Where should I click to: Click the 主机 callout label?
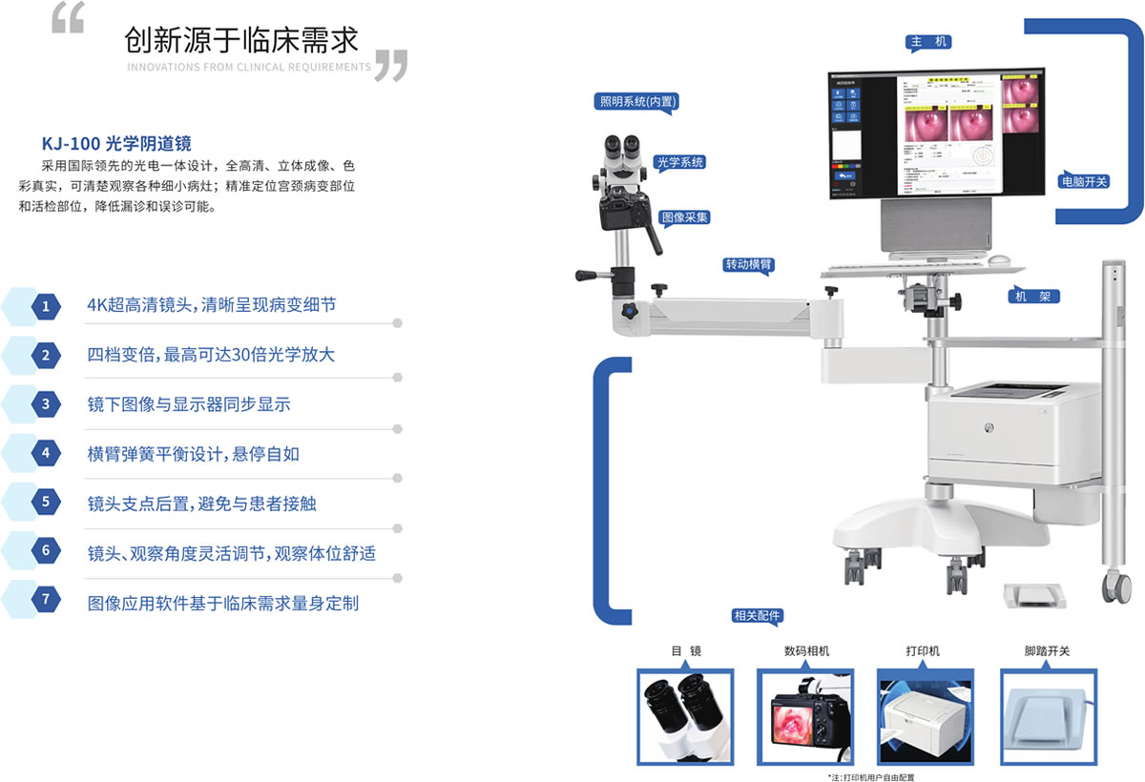(x=928, y=43)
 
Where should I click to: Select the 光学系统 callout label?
(x=679, y=162)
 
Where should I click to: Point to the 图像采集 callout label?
(x=684, y=217)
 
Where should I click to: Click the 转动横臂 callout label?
(x=747, y=264)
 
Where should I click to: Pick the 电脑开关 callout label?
(x=1084, y=180)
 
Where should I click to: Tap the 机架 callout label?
(x=1033, y=297)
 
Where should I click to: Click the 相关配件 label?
(x=756, y=616)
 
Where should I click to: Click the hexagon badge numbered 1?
(x=45, y=306)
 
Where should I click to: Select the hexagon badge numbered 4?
(x=45, y=454)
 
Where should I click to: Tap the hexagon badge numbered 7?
(x=45, y=602)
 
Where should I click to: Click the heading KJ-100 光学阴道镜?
(x=116, y=144)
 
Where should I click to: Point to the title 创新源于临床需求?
(x=240, y=40)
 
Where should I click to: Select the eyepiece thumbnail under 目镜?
(x=685, y=717)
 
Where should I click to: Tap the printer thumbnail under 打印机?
(x=925, y=717)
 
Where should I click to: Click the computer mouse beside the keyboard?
(x=999, y=259)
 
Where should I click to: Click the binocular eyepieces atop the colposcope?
(x=620, y=148)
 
